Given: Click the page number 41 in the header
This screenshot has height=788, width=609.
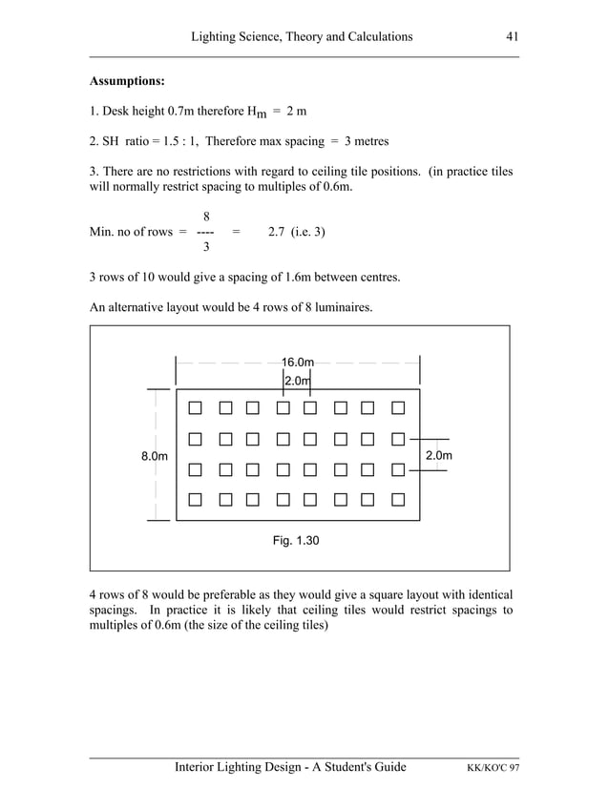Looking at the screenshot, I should (512, 36).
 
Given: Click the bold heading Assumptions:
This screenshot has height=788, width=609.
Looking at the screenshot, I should (127, 81).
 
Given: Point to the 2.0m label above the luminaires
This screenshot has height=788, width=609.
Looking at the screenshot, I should (298, 381).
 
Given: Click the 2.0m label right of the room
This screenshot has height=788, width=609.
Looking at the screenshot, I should (439, 456).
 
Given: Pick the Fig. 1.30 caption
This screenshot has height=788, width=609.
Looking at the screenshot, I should (296, 541).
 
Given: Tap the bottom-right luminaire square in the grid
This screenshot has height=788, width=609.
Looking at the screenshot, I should (398, 499).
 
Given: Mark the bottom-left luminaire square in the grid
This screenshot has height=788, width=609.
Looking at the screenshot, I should (196, 499).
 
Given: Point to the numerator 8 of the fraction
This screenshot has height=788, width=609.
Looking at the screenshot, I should (206, 217).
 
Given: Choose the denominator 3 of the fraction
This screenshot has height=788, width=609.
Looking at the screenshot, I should (206, 248).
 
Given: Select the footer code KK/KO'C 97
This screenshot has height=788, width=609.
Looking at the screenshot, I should (493, 768).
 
